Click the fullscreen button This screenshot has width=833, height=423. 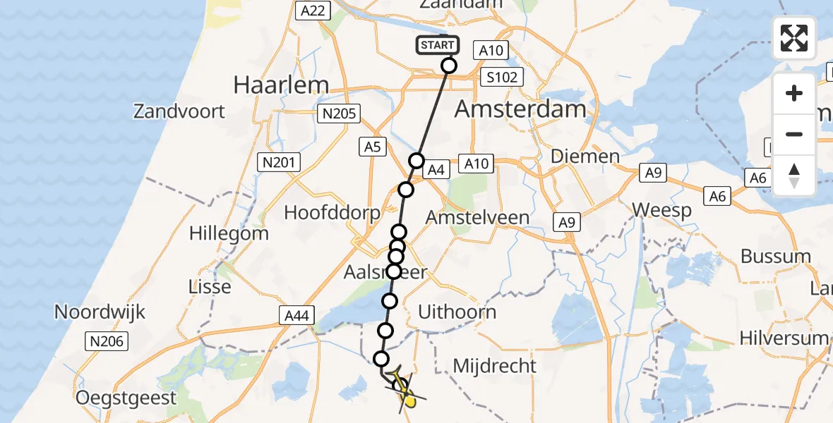tap(794, 38)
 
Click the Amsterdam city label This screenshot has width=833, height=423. tap(520, 109)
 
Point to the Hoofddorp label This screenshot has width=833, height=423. tap(332, 212)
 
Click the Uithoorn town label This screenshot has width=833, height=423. tap(457, 312)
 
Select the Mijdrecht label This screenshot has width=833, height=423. tap(495, 366)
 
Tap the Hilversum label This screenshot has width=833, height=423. tap(784, 338)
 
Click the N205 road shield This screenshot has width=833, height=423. tap(339, 114)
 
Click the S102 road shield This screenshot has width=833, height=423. tap(502, 77)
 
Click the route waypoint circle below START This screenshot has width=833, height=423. tap(449, 66)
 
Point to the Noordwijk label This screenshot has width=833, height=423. tap(100, 312)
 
